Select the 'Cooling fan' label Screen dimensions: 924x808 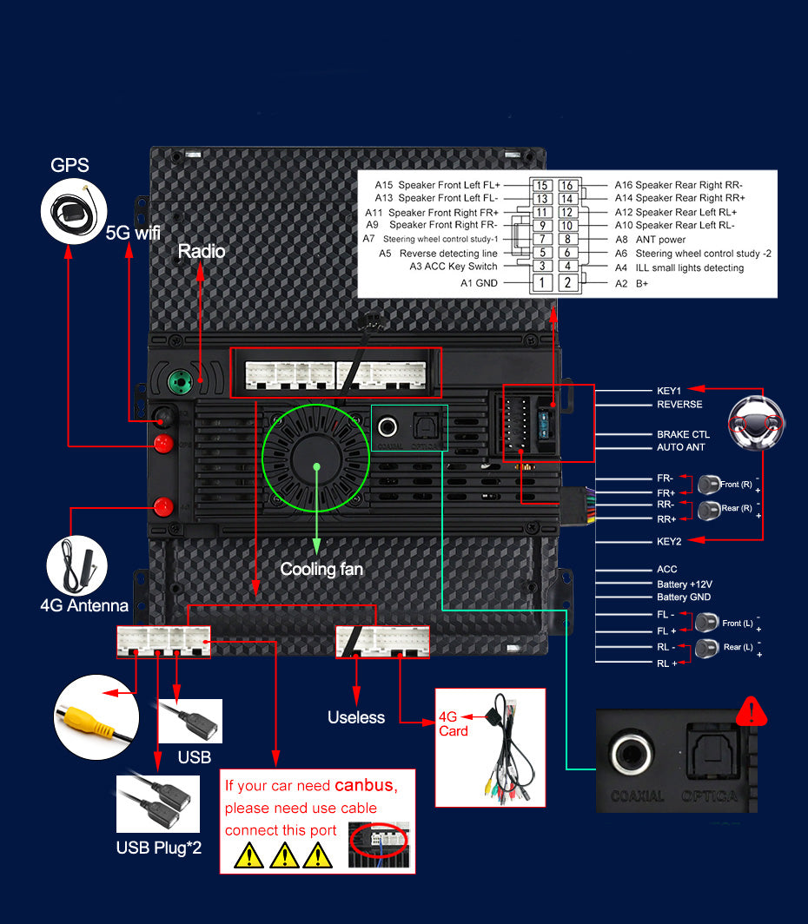coord(321,570)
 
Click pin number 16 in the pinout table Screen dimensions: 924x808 coord(566,185)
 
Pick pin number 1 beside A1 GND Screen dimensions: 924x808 coord(542,282)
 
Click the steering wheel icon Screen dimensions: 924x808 coord(756,423)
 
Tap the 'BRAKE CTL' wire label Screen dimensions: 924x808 coord(683,434)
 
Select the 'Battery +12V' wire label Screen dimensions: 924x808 coord(685,584)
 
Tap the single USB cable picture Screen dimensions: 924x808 coord(189,721)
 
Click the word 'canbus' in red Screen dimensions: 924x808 coord(363,786)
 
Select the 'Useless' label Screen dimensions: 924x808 coord(355,717)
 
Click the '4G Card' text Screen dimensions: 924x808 coord(453,723)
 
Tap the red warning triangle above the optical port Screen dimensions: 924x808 coord(751,711)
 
